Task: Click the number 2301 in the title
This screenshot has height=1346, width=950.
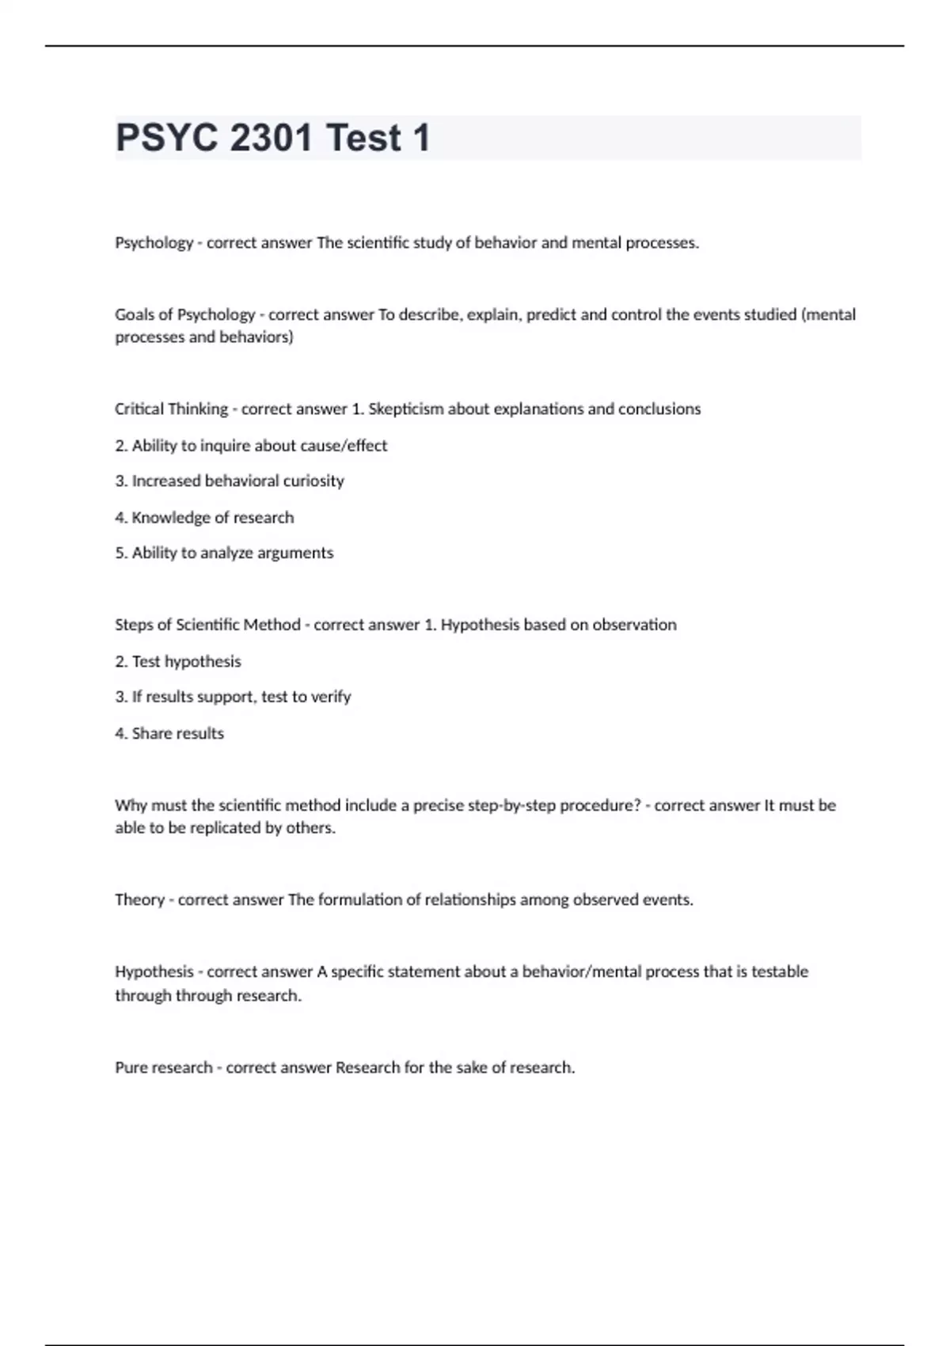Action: pyautogui.click(x=271, y=138)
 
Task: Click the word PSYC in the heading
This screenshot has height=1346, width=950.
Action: pyautogui.click(x=166, y=138)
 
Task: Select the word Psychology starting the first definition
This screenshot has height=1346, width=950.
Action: pyautogui.click(x=154, y=243)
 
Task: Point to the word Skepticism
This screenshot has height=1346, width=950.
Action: pyautogui.click(x=405, y=409)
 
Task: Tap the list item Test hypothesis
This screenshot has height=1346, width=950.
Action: pyautogui.click(x=186, y=661)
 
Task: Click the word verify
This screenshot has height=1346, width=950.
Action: pyautogui.click(x=330, y=697)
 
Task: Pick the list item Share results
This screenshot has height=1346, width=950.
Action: pyautogui.click(x=177, y=733)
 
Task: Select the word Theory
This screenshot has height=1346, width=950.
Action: pyautogui.click(x=139, y=899)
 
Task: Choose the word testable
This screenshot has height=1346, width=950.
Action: pyautogui.click(x=779, y=971)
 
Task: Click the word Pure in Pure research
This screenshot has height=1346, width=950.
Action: pyautogui.click(x=131, y=1067)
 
